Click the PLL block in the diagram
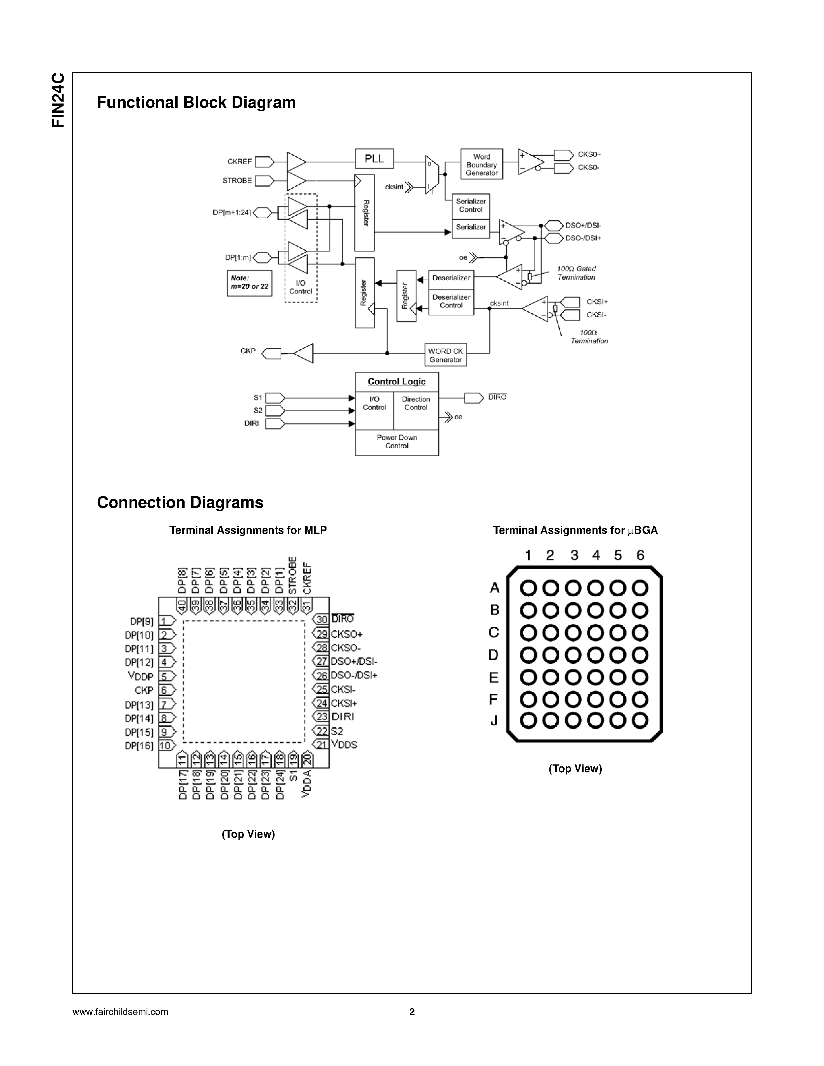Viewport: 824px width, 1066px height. (374, 159)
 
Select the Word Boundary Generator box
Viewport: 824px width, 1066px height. (481, 164)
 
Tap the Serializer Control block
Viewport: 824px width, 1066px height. (471, 205)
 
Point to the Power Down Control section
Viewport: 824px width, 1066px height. (396, 442)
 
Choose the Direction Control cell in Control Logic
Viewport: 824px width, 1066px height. (416, 403)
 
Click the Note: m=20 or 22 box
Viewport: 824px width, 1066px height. (249, 283)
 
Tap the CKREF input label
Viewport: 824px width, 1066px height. (239, 162)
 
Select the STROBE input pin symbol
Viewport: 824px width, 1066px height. (264, 181)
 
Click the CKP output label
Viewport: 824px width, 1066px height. (248, 351)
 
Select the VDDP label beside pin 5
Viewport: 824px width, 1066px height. (141, 676)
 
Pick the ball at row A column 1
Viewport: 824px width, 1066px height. (528, 588)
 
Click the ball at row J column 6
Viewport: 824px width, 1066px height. (640, 721)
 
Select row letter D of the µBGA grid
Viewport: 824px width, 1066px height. (494, 655)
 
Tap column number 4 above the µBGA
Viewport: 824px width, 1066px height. (596, 555)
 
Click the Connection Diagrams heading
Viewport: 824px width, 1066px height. (180, 502)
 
